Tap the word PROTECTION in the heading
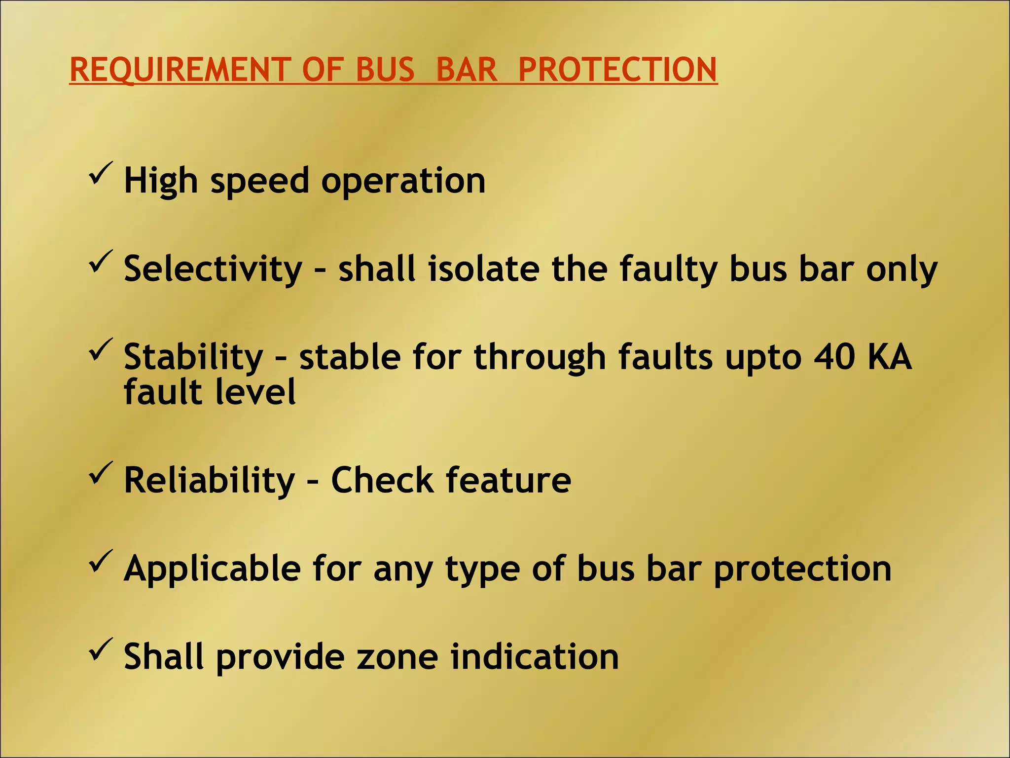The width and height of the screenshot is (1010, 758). click(x=617, y=70)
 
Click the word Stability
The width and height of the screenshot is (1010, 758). click(x=193, y=357)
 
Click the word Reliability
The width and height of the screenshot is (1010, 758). click(x=209, y=481)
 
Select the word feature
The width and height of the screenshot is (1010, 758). click(x=508, y=480)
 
